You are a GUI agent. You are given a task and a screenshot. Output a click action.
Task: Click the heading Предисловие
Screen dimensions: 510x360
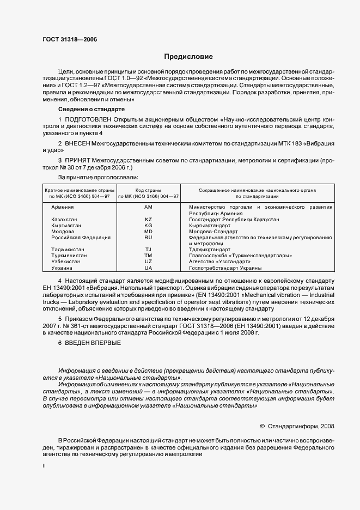pos(188,57)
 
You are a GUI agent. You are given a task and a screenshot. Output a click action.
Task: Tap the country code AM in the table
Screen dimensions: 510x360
pos(148,207)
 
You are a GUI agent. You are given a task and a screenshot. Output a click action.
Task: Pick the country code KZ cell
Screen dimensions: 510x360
pos(148,220)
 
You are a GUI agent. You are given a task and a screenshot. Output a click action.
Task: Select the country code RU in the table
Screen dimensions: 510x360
pos(148,238)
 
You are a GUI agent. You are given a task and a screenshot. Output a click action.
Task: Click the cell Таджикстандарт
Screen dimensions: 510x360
pos(209,250)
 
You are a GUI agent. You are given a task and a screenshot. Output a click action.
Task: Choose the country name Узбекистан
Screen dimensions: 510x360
pos(65,262)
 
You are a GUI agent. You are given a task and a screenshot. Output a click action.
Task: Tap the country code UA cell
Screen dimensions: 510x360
pos(148,268)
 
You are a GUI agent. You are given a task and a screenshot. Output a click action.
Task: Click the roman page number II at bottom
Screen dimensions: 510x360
pos(44,466)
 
